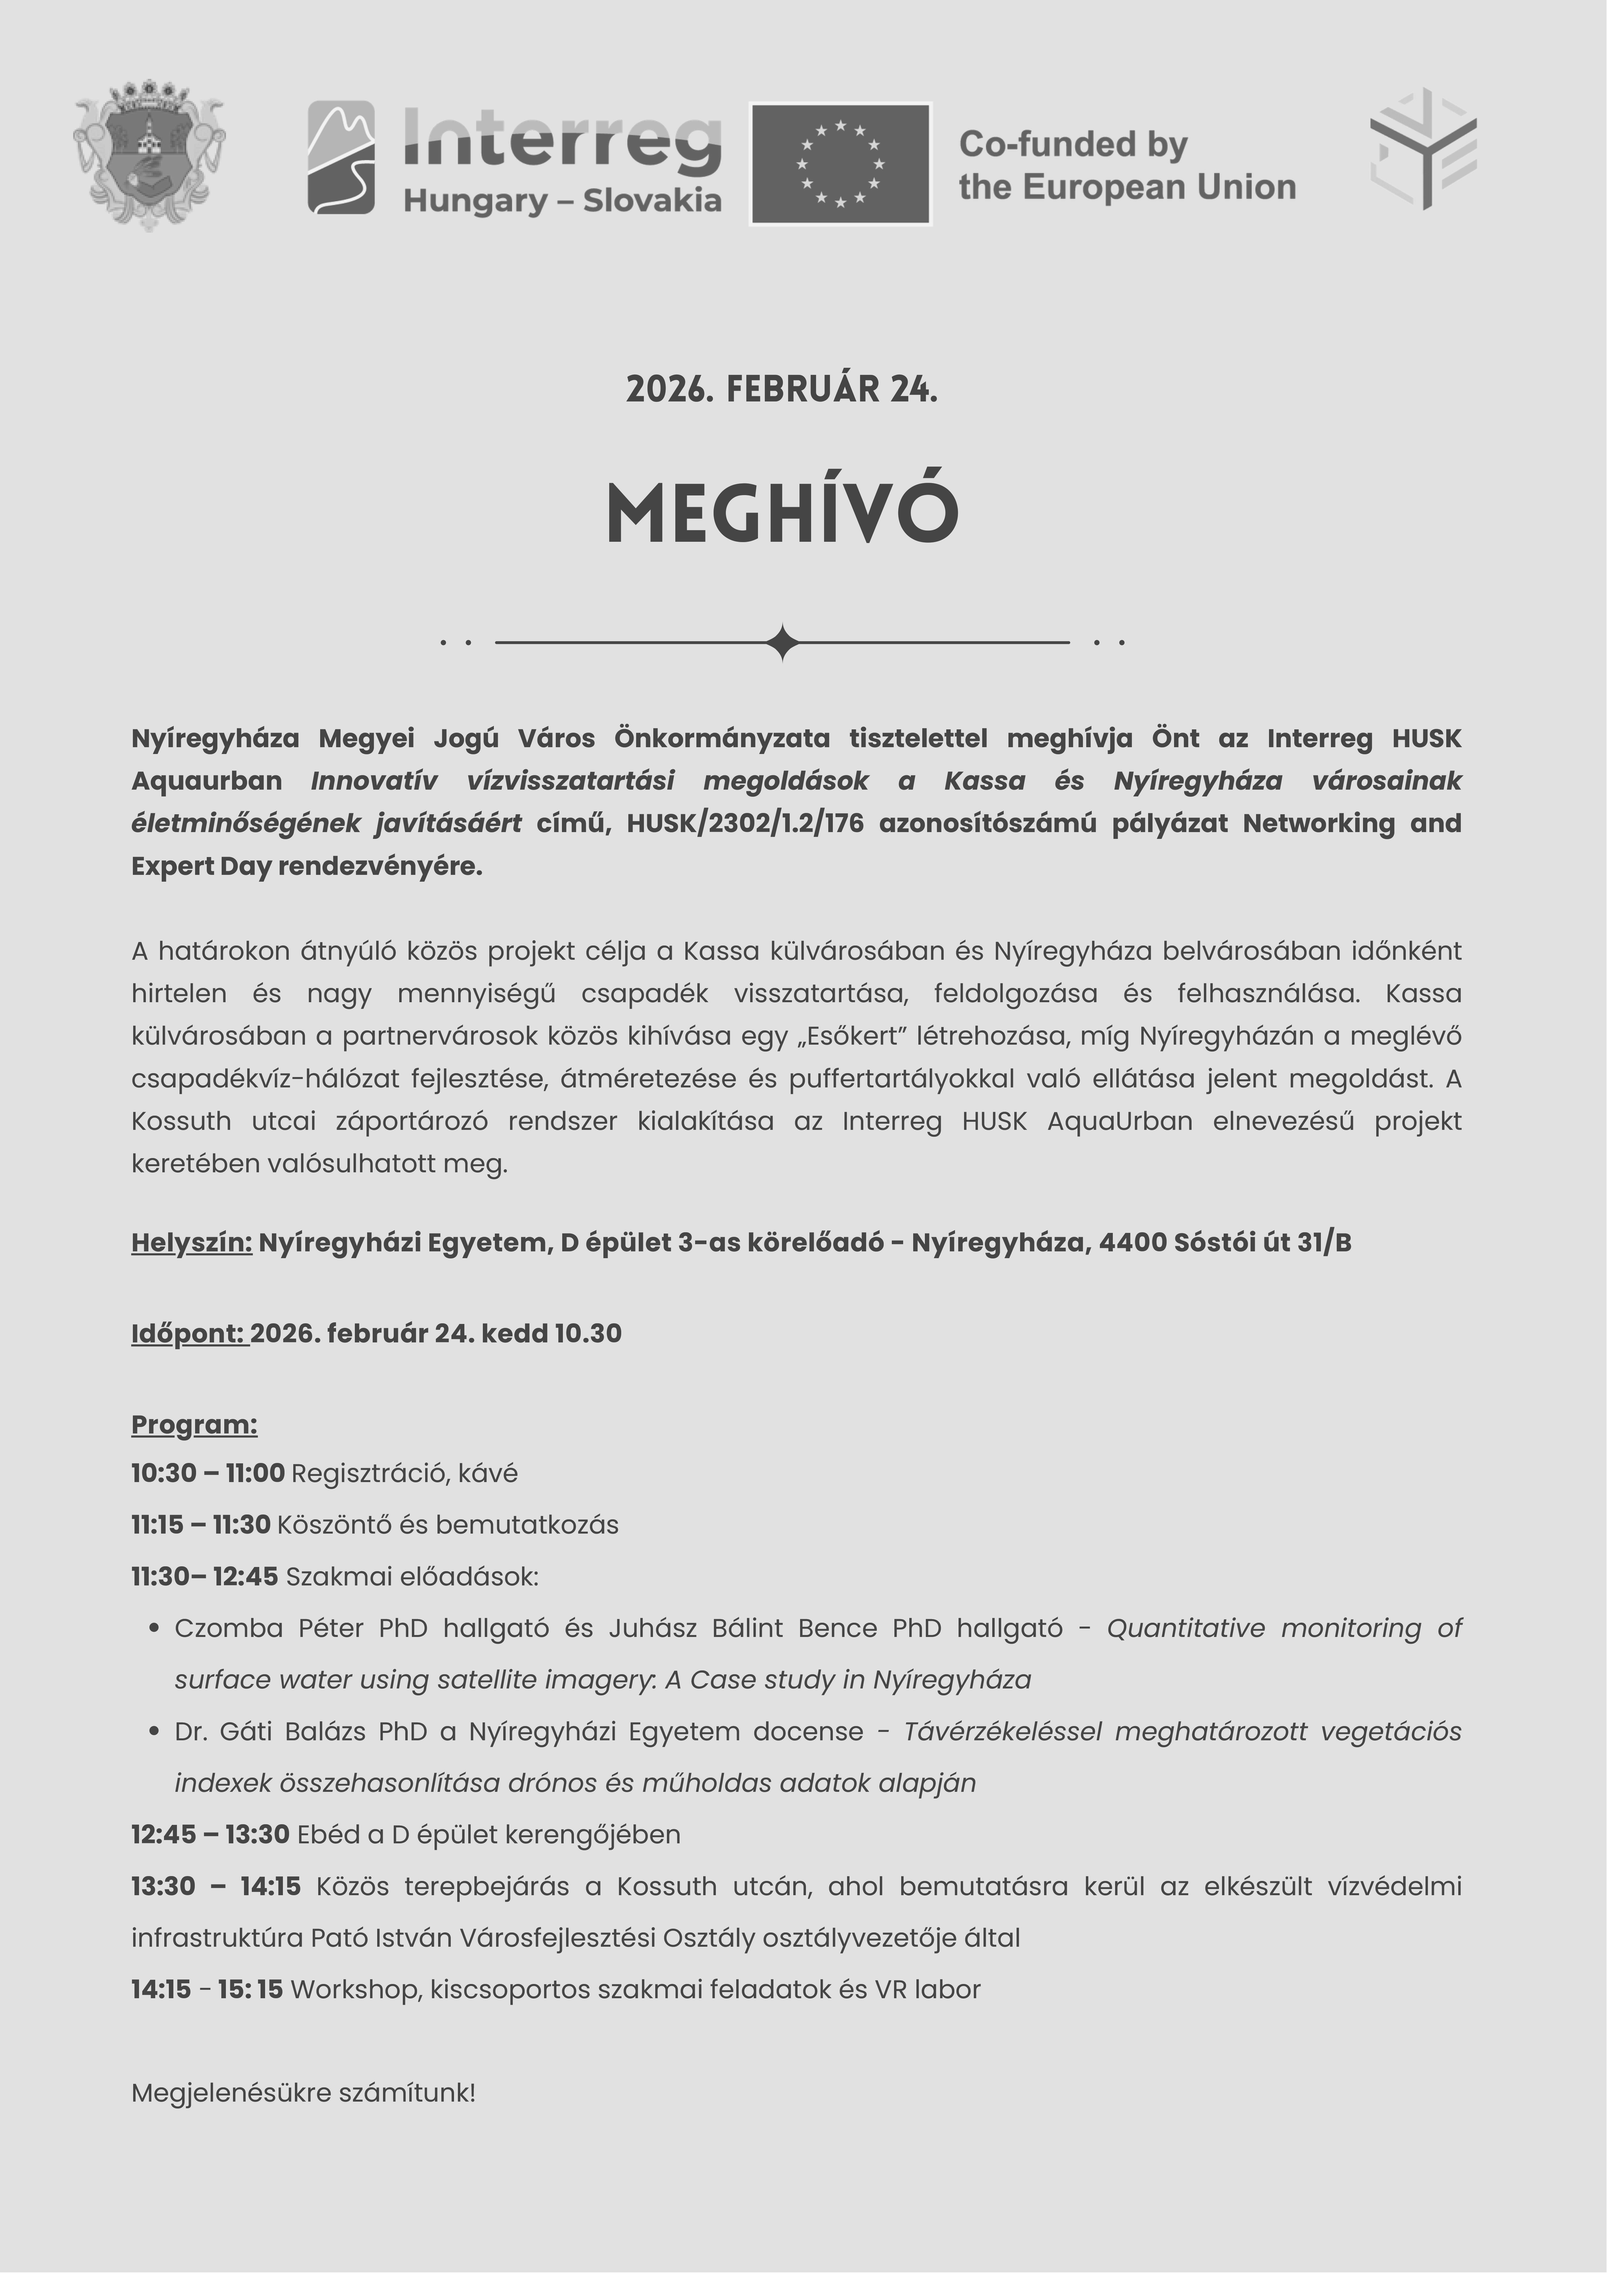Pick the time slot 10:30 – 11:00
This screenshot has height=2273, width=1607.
coord(208,1473)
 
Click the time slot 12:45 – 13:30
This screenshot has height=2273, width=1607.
coord(210,1834)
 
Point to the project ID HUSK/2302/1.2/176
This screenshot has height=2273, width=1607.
coord(745,824)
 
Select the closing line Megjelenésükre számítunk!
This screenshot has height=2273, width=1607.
coord(303,2093)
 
